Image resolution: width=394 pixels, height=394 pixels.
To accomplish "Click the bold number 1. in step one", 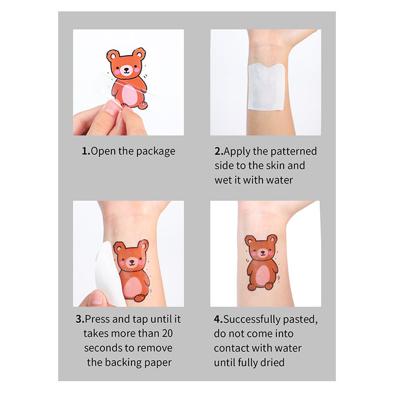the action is click(x=86, y=151).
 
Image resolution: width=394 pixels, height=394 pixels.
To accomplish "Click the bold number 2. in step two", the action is click(x=219, y=151).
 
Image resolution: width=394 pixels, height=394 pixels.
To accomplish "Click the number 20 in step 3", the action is click(x=167, y=333).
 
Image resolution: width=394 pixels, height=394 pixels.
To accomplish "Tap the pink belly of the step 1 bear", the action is click(x=130, y=95).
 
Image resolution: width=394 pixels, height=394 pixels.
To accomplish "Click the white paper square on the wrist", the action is click(x=266, y=87).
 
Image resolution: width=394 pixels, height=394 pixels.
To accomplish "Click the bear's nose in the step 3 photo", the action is click(x=131, y=262).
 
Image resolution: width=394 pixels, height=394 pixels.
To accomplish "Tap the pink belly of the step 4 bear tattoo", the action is click(x=263, y=275).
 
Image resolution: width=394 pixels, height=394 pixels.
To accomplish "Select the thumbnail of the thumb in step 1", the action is click(x=112, y=107).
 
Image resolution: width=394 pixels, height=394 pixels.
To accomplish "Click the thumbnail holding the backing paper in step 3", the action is click(x=97, y=298).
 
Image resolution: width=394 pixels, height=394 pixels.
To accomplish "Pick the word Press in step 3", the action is click(x=98, y=319).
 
